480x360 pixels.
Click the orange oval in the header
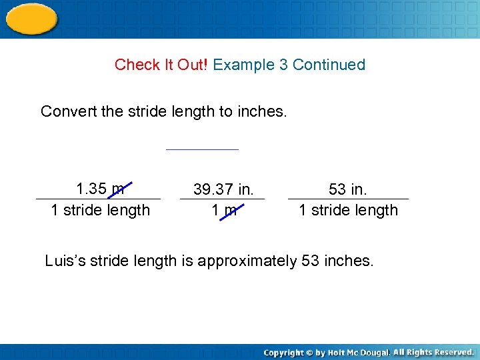tap(31, 18)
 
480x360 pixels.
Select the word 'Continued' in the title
tap(329, 65)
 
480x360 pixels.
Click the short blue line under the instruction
tap(202, 149)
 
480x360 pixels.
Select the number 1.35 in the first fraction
tap(92, 189)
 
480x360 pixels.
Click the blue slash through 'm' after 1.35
tap(120, 189)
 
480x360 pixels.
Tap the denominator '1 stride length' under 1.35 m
tap(101, 210)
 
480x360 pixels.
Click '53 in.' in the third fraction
tap(348, 189)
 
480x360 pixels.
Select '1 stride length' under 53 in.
tap(348, 210)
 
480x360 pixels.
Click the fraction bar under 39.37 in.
tap(222, 199)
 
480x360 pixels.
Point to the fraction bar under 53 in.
tap(348, 199)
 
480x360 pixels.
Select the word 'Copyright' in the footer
tap(283, 352)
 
